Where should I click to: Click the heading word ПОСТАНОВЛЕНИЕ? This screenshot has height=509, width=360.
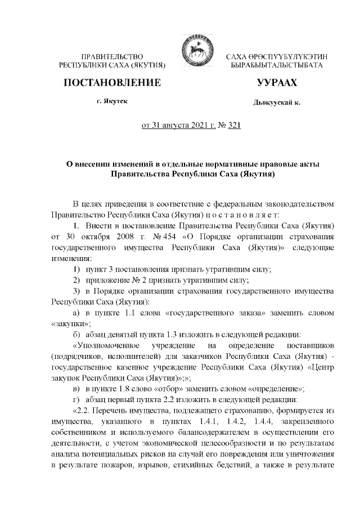click(112, 83)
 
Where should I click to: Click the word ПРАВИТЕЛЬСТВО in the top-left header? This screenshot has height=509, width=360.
click(112, 57)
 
